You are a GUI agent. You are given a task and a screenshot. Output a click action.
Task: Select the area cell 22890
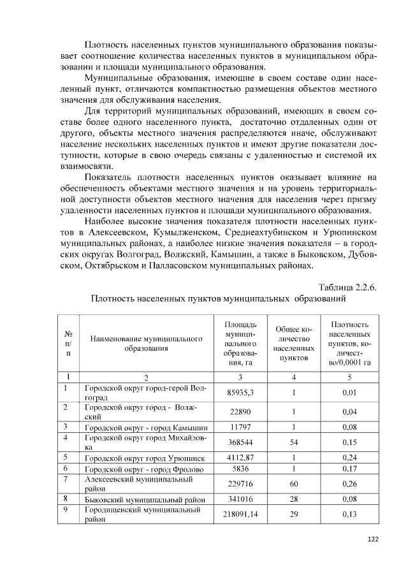coord(240,412)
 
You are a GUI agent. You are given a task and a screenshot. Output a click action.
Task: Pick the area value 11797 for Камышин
coord(240,427)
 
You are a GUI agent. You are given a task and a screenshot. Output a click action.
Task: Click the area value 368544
coord(240,442)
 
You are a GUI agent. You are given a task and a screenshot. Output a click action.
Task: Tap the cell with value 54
coord(293,442)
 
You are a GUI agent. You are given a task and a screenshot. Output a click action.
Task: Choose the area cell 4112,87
coord(240,457)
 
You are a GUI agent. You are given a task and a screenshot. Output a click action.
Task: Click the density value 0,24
coord(349,457)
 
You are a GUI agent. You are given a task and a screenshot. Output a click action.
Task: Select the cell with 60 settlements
coord(293,483)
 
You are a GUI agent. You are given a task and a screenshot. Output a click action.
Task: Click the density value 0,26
coord(349,483)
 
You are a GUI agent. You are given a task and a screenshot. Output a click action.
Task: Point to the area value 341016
coord(240,499)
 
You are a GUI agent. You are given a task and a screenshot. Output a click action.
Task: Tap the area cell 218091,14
coord(240,514)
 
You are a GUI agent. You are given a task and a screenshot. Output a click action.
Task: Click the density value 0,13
coord(349,514)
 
